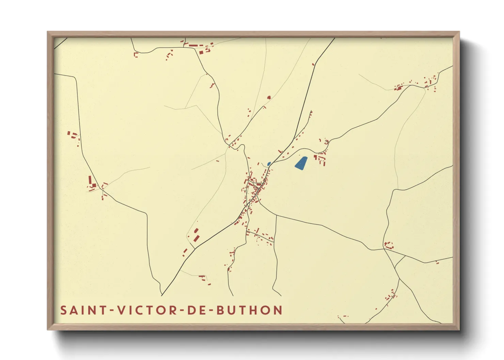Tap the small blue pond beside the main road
click(269, 164)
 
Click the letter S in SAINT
click(63, 310)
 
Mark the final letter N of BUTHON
click(278, 310)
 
